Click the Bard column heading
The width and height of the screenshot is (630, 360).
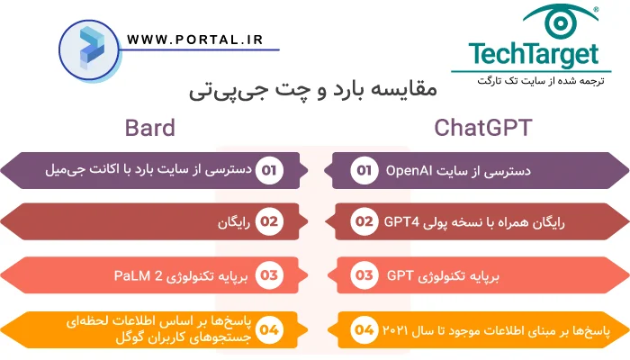pyautogui.click(x=150, y=127)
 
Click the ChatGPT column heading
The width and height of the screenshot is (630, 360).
pyautogui.click(x=482, y=127)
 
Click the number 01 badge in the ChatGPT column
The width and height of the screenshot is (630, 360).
pyautogui.click(x=364, y=170)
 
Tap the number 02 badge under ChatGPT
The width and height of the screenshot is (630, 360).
pyautogui.click(x=364, y=221)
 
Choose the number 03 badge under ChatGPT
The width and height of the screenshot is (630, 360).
pyautogui.click(x=364, y=274)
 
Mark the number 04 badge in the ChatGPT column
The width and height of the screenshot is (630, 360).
pyautogui.click(x=364, y=329)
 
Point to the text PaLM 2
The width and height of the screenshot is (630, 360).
pyautogui.click(x=139, y=274)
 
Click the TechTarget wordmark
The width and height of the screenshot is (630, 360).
pyautogui.click(x=532, y=54)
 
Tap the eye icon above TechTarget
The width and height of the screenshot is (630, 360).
pyautogui.click(x=558, y=20)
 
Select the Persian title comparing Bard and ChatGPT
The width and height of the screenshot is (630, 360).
pyautogui.click(x=314, y=90)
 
